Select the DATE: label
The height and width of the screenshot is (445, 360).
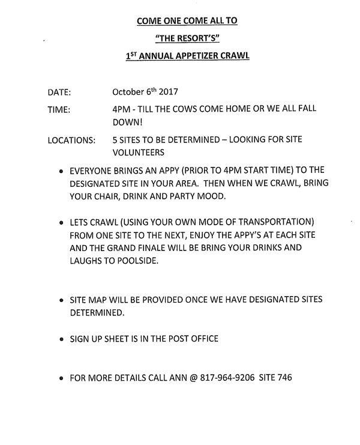(59, 93)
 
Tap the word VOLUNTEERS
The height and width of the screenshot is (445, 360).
(139, 152)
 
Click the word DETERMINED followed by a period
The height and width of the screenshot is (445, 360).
(97, 312)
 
